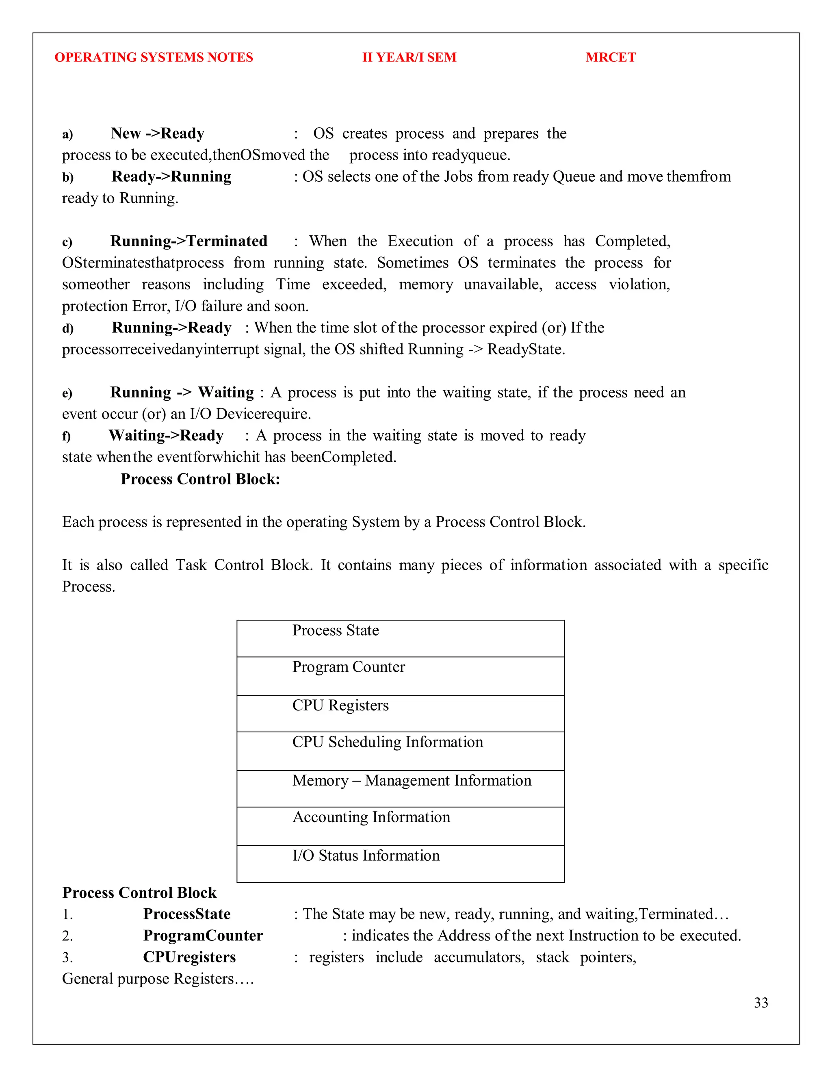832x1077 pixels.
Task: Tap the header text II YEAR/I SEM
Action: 409,57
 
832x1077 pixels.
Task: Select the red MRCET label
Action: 610,57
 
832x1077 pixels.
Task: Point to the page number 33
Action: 760,1003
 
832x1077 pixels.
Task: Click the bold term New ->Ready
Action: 157,134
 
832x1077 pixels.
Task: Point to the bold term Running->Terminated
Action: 189,241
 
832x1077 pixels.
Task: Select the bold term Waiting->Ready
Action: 166,435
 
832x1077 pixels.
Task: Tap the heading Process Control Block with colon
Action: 200,479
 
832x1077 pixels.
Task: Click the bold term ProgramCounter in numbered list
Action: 203,936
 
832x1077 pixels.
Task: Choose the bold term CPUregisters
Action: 189,957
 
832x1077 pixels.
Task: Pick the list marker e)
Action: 67,393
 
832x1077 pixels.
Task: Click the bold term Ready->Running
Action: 171,176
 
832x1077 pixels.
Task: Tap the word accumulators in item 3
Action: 479,957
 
